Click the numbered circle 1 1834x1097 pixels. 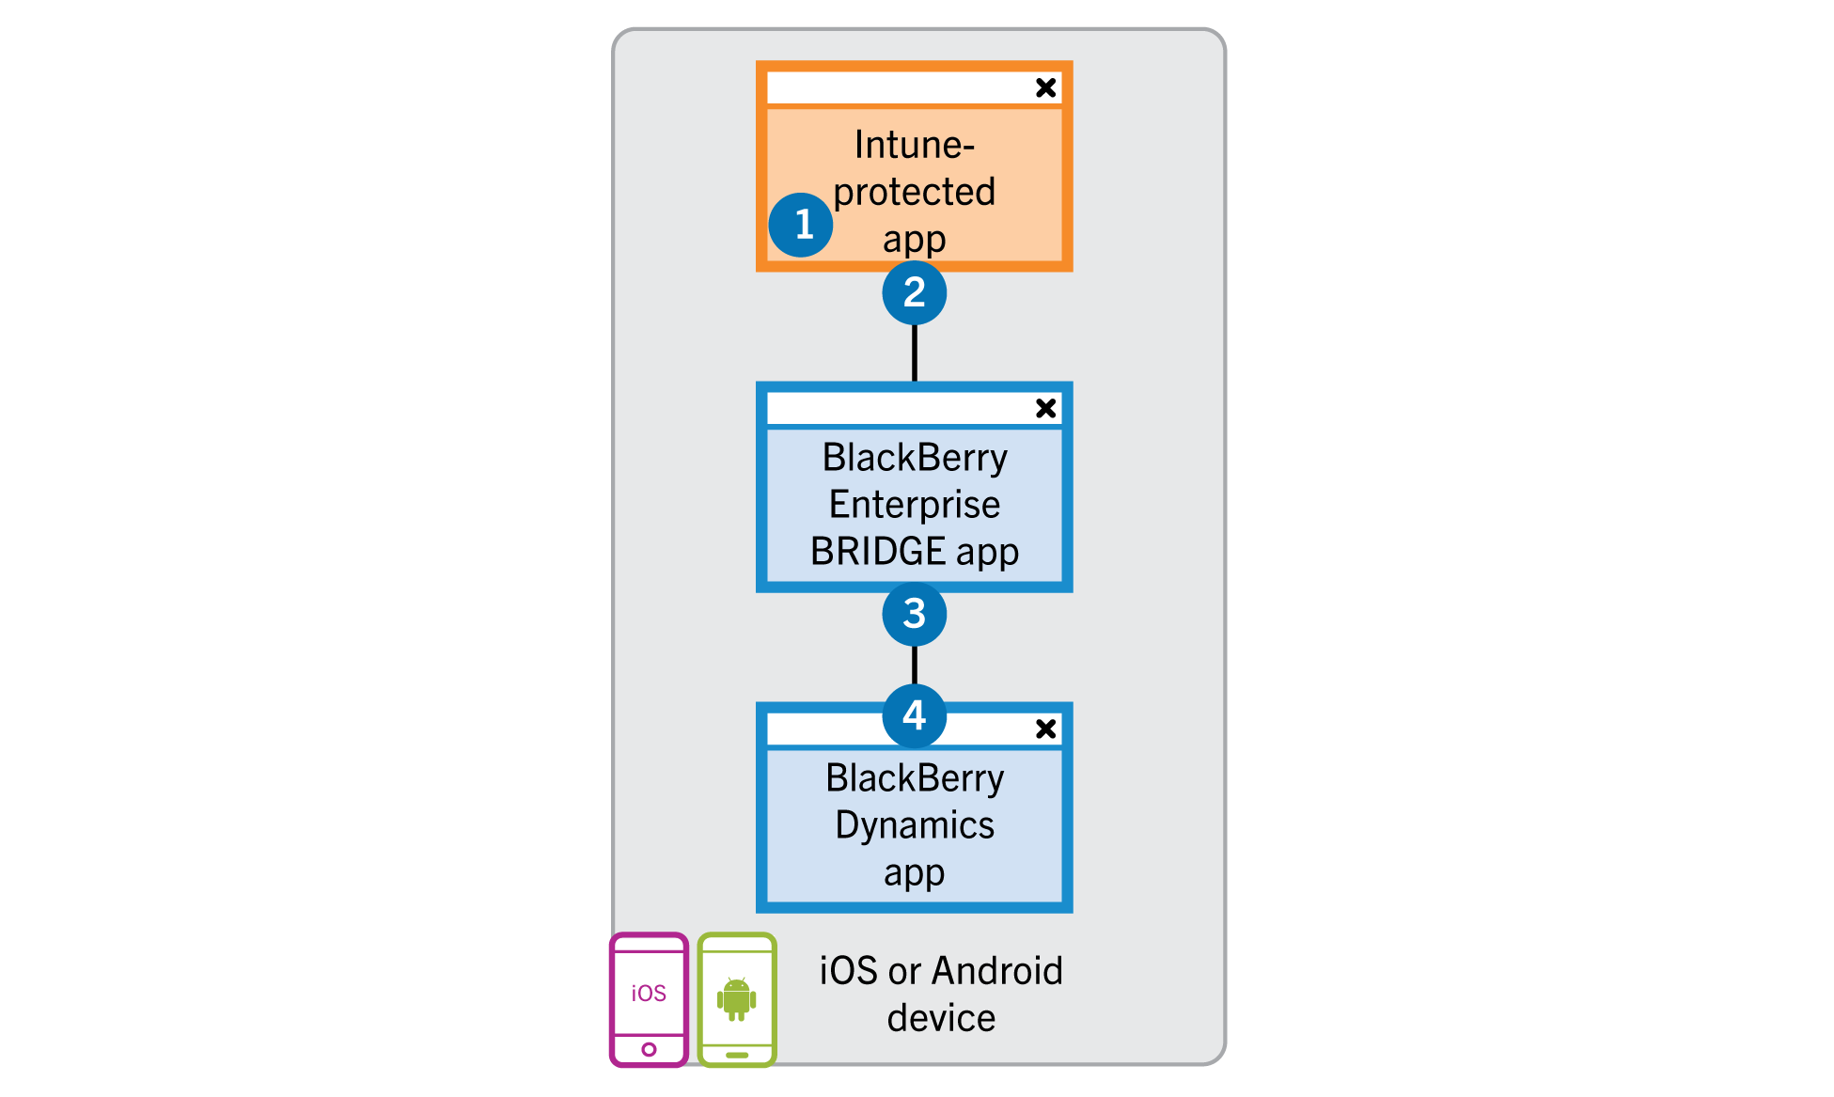[800, 225]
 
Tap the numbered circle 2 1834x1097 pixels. [914, 292]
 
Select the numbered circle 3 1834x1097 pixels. [914, 614]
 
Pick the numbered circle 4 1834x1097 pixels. [914, 715]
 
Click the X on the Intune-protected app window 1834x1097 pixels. [1045, 87]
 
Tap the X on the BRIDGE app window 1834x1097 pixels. [1045, 408]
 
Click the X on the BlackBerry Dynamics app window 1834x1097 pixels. [1045, 729]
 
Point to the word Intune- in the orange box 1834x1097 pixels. [914, 145]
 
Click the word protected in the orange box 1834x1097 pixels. [914, 192]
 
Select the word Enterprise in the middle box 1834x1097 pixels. [914, 505]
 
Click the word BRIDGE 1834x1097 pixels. [877, 552]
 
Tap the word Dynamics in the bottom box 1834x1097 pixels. [914, 825]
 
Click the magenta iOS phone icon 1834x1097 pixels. [649, 999]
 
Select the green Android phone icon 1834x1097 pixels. [737, 999]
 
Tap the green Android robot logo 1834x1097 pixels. [737, 998]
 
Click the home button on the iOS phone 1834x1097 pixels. [649, 1049]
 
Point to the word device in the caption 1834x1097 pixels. [941, 1018]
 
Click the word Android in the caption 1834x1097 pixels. [997, 971]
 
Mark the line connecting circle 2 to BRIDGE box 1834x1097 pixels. [914, 353]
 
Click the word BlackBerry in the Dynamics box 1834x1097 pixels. [914, 778]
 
